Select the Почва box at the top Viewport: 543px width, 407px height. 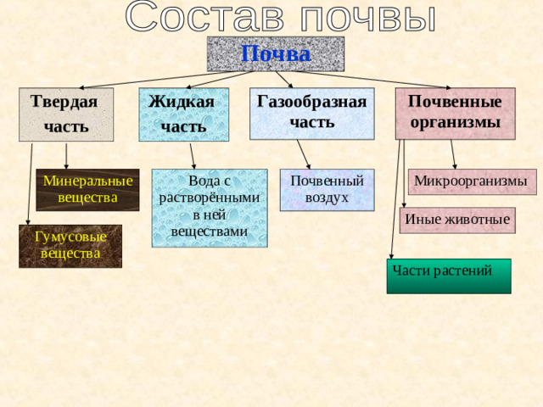point(276,53)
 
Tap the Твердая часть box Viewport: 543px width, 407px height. point(66,114)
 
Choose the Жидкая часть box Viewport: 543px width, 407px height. point(184,114)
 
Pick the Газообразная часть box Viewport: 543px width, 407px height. point(311,113)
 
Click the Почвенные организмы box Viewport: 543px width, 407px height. point(456,113)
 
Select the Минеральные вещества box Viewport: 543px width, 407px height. point(87,190)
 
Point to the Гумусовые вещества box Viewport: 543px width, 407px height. point(70,246)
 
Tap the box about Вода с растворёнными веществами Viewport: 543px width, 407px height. point(210,208)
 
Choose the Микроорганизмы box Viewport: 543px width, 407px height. point(470,181)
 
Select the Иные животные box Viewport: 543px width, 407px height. point(457,220)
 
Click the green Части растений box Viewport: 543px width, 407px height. point(449,276)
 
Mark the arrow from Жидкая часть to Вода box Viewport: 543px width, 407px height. point(192,154)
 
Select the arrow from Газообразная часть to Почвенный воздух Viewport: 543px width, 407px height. point(304,153)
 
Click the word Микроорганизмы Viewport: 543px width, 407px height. point(470,181)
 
